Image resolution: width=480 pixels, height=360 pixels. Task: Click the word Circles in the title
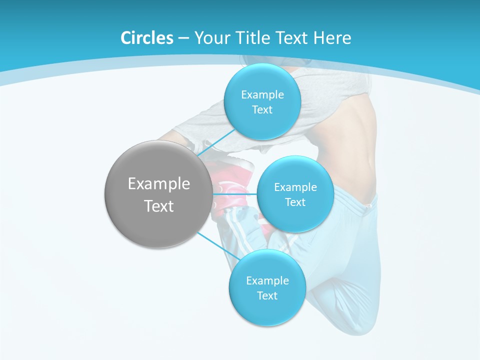point(146,38)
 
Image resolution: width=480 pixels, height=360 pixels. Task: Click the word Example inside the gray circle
point(158,184)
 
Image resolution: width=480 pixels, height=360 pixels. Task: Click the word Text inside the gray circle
point(158,206)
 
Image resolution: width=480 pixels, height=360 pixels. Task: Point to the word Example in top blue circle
point(262,95)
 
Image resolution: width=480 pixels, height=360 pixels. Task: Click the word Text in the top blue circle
point(262,110)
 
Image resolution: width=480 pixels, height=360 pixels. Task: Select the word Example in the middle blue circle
point(295,187)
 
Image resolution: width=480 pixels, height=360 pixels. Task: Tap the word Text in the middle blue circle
point(295,202)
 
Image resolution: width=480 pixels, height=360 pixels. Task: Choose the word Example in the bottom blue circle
point(267,281)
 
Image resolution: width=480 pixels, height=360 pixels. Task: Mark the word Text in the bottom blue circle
point(267,296)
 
